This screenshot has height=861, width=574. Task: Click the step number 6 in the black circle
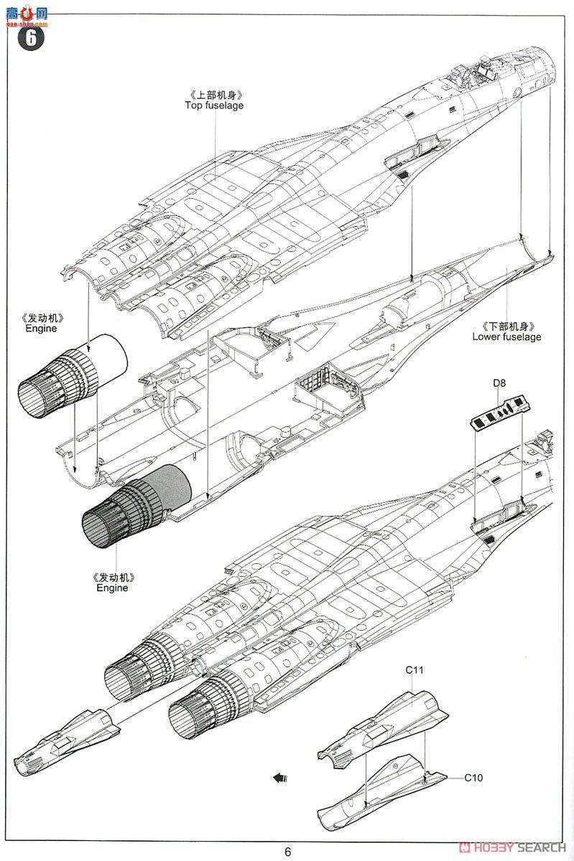pyautogui.click(x=31, y=38)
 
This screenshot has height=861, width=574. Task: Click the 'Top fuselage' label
pyautogui.click(x=214, y=105)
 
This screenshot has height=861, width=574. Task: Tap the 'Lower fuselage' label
pyautogui.click(x=506, y=337)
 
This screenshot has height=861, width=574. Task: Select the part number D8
pyautogui.click(x=499, y=385)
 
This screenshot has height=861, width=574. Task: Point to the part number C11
pyautogui.click(x=415, y=669)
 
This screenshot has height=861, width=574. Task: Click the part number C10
pyautogui.click(x=474, y=777)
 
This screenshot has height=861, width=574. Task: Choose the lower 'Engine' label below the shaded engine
pyautogui.click(x=112, y=588)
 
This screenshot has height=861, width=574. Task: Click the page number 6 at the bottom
pyautogui.click(x=287, y=852)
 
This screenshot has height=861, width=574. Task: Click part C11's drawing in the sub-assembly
pyautogui.click(x=384, y=725)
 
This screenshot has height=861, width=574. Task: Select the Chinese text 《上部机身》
pyautogui.click(x=214, y=95)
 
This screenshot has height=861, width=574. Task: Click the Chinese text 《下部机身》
pyautogui.click(x=506, y=325)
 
